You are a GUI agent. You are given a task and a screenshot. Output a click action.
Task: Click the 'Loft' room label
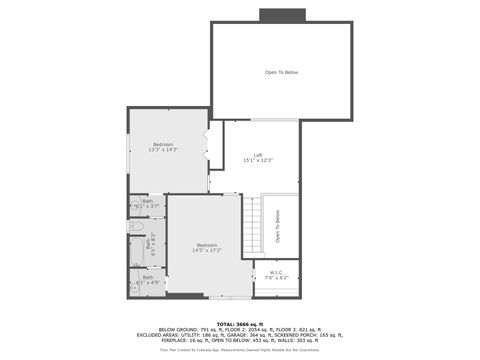coord(258,155)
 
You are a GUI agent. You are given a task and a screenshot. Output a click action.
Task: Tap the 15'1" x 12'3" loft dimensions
coord(258,161)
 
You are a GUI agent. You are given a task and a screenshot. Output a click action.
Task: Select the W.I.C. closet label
coord(276,273)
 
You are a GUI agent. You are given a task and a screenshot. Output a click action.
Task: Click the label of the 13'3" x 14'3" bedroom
coord(163,144)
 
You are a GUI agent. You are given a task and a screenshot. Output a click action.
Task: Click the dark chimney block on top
coord(281,15)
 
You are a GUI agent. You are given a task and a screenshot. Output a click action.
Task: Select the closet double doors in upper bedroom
coord(208,146)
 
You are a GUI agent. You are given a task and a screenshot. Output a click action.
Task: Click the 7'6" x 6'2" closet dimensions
coord(276,278)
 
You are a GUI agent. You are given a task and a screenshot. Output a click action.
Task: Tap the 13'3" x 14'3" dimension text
coord(163,150)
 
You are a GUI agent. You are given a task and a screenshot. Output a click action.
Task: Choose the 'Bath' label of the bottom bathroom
coord(148,277)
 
